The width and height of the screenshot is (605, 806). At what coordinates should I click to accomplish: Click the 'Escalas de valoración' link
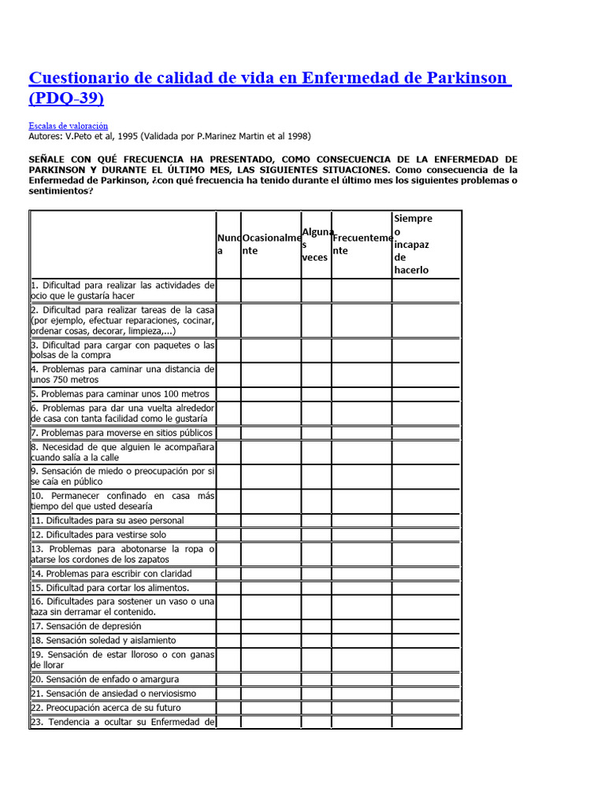pyautogui.click(x=68, y=125)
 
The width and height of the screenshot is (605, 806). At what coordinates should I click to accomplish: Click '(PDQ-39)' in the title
pyautogui.click(x=66, y=98)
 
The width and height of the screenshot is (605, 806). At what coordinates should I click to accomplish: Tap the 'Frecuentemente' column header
pyautogui.click(x=362, y=244)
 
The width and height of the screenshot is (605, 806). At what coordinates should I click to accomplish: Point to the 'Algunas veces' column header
pyautogui.click(x=315, y=244)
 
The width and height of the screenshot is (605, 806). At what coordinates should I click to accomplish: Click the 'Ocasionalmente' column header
pyautogui.click(x=271, y=244)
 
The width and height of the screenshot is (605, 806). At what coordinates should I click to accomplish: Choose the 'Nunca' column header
pyautogui.click(x=228, y=244)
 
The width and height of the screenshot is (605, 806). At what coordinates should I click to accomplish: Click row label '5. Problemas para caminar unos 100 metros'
pyautogui.click(x=121, y=394)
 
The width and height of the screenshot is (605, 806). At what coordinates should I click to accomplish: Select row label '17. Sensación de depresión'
pyautogui.click(x=87, y=626)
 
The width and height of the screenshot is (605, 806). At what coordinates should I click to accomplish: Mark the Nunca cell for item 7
pyautogui.click(x=228, y=433)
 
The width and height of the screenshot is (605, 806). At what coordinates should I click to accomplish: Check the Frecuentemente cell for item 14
pyautogui.click(x=362, y=574)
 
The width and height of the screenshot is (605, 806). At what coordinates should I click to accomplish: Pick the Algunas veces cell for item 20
pyautogui.click(x=316, y=679)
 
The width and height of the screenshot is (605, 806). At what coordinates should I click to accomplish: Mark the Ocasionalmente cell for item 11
pyautogui.click(x=271, y=520)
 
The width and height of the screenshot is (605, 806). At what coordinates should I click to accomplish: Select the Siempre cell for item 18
pyautogui.click(x=426, y=641)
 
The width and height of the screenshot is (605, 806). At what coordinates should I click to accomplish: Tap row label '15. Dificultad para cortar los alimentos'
pyautogui.click(x=110, y=588)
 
